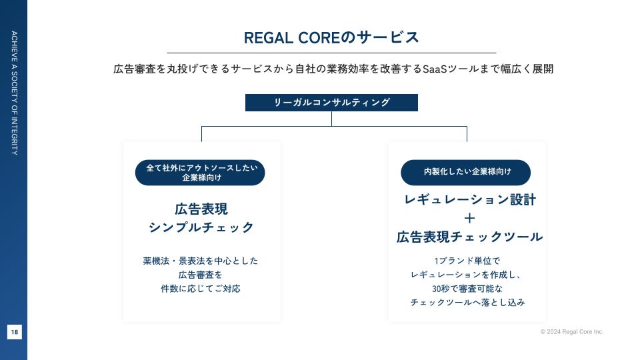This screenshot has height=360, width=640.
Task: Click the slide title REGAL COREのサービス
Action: coord(331,37)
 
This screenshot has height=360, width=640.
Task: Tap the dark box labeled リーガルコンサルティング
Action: coord(331,103)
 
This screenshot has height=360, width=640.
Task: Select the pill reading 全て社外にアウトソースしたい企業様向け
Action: coord(200,173)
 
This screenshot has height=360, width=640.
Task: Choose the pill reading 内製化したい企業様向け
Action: coord(465,172)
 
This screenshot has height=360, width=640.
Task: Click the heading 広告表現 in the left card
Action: coord(201,209)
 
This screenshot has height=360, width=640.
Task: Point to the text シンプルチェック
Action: coord(201,227)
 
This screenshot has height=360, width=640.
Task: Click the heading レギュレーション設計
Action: coord(469,199)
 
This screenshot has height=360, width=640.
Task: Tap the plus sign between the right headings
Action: coord(469,218)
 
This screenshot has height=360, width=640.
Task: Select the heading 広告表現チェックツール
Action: coord(469,237)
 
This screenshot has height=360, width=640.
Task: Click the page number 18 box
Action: coord(15,331)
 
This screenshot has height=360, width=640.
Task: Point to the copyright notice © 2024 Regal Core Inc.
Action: coord(571,331)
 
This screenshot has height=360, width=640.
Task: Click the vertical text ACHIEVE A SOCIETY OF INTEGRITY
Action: coord(15,93)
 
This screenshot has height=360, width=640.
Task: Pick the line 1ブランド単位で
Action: coord(467,261)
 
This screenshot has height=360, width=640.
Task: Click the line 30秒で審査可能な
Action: coord(467,289)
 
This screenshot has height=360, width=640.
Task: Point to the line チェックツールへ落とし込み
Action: coord(467,303)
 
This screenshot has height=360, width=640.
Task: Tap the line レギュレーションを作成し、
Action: coord(467,275)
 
